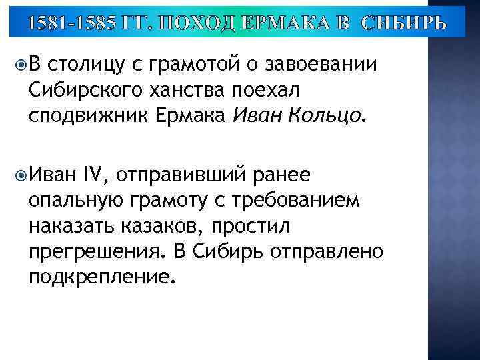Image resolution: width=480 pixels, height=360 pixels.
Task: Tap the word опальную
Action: [x=79, y=201]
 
